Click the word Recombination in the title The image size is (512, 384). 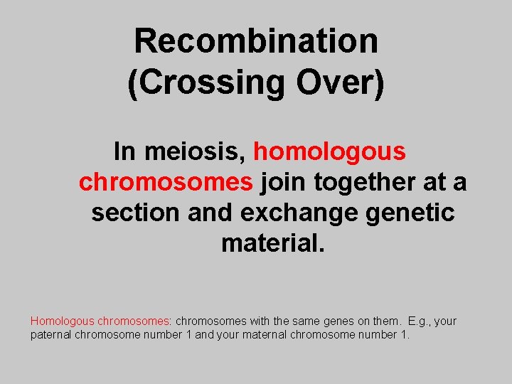(256, 41)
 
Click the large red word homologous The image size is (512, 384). (329, 151)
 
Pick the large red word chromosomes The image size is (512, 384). (166, 182)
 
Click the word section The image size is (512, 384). (135, 213)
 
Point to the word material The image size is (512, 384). (273, 243)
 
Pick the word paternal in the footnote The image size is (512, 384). (51, 335)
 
